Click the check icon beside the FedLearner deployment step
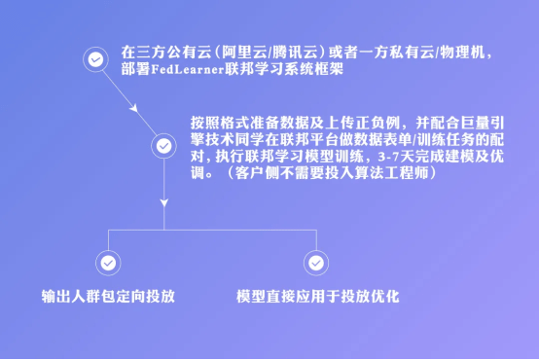point(94,59)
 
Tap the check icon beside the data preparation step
point(163,147)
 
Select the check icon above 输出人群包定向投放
point(106,262)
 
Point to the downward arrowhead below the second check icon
point(163,202)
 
